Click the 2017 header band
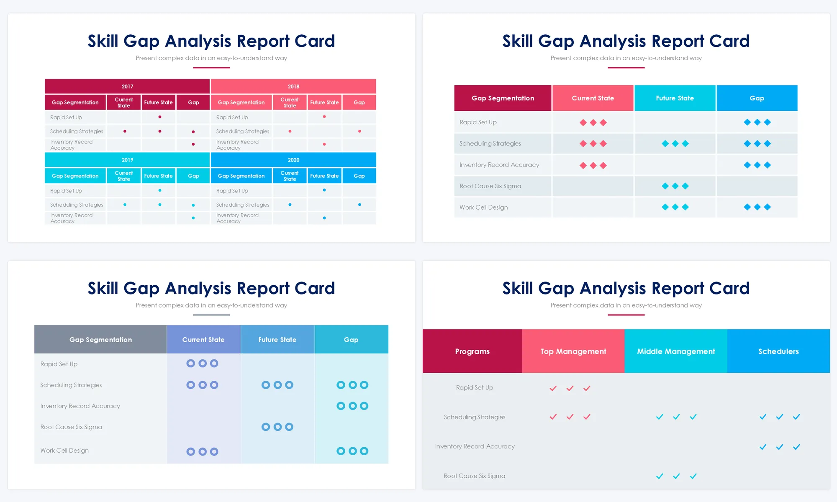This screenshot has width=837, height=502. tap(127, 86)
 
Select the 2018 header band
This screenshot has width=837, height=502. tap(293, 86)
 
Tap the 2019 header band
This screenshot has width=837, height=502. tap(127, 160)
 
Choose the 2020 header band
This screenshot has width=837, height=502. tap(293, 160)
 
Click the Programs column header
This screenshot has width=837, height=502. tap(472, 351)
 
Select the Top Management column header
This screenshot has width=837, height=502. tap(573, 351)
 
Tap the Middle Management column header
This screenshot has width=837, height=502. tap(676, 351)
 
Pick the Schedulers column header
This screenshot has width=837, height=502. tap(778, 351)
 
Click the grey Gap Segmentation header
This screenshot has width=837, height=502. tap(100, 340)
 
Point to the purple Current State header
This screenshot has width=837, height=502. tap(203, 340)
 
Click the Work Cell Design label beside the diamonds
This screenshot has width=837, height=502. tap(483, 207)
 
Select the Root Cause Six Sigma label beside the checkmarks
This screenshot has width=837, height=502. tap(474, 476)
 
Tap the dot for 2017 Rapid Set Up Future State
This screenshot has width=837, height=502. tap(160, 117)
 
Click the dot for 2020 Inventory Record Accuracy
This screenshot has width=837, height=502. tap(324, 218)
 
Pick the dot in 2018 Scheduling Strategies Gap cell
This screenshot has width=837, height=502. tap(359, 131)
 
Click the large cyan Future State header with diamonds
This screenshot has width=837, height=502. tap(675, 98)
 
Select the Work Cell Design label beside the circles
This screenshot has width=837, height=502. tap(64, 451)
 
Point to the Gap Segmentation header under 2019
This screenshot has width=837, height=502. tap(75, 176)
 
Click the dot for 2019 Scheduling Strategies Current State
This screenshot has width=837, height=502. tap(125, 205)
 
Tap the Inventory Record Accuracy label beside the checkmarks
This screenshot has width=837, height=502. tap(475, 446)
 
